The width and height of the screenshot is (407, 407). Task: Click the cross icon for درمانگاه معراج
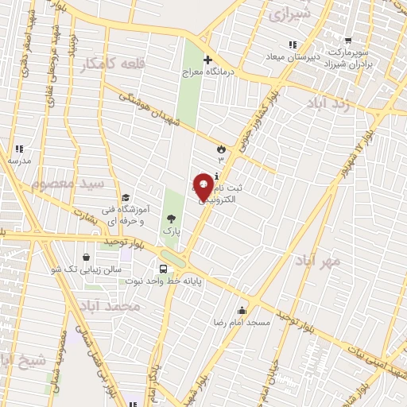[207, 60]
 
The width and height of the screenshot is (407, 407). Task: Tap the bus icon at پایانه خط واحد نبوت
[164, 269]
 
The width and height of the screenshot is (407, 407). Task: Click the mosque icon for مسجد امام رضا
[242, 310]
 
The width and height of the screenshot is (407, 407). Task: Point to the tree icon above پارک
[171, 218]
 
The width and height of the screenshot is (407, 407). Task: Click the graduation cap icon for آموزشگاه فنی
[126, 198]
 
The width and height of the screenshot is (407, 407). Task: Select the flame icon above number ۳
[221, 148]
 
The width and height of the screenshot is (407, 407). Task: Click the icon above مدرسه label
[19, 148]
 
